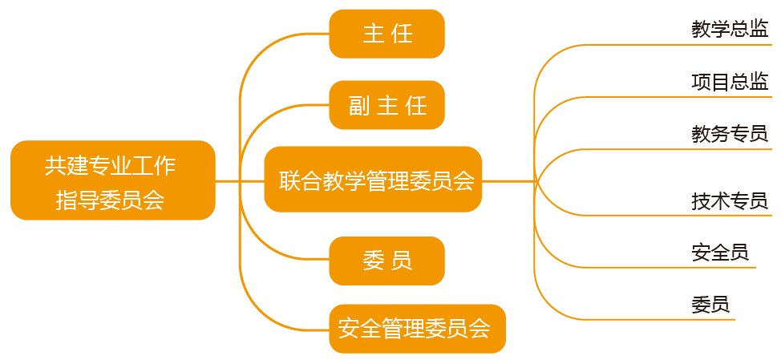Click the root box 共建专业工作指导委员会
point(113,180)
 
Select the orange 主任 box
point(386,34)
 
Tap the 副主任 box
point(386,105)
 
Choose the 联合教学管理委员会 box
point(373,180)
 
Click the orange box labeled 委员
point(386,261)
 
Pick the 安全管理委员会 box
point(417,329)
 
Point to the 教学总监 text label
point(730,30)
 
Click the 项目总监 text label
point(730,81)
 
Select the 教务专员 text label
point(730,134)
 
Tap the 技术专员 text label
point(730,200)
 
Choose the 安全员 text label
point(719,253)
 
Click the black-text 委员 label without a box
point(710,305)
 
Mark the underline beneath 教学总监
point(682,45)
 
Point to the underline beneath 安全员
point(682,267)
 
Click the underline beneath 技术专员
point(682,215)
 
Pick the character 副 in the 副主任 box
point(358,105)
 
